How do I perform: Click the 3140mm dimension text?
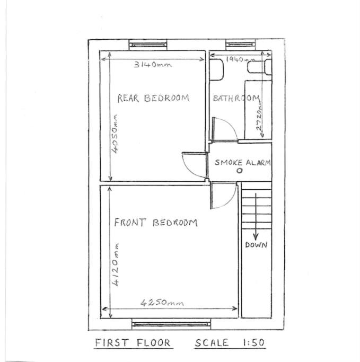[153, 64]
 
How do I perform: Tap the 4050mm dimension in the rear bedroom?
[115, 134]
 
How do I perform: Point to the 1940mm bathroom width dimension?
[241, 59]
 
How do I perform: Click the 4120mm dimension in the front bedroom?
[115, 265]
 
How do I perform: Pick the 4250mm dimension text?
[162, 303]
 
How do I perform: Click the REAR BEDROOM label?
[153, 98]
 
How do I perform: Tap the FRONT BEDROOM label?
[156, 222]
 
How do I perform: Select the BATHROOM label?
[236, 99]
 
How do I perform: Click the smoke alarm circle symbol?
[240, 171]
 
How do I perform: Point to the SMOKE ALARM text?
[243, 162]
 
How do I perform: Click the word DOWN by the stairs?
[256, 245]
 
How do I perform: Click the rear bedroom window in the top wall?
[148, 45]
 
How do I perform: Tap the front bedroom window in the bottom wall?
[171, 324]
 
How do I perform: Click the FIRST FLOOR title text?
[133, 342]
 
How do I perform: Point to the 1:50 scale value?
[253, 342]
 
